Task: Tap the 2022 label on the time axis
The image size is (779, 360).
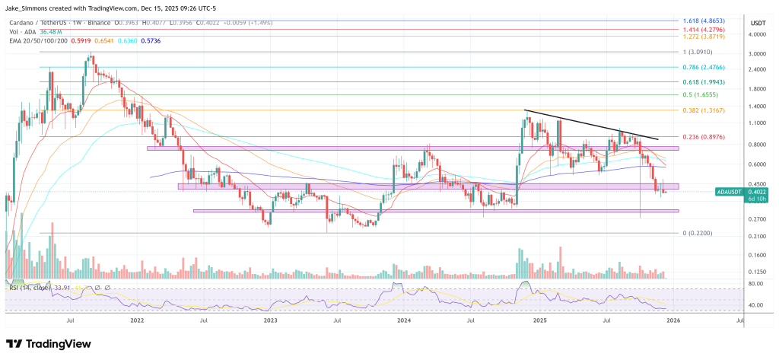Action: (x=138, y=321)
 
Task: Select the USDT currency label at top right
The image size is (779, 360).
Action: (x=758, y=24)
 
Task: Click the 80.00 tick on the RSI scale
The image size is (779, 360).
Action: (x=757, y=284)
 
